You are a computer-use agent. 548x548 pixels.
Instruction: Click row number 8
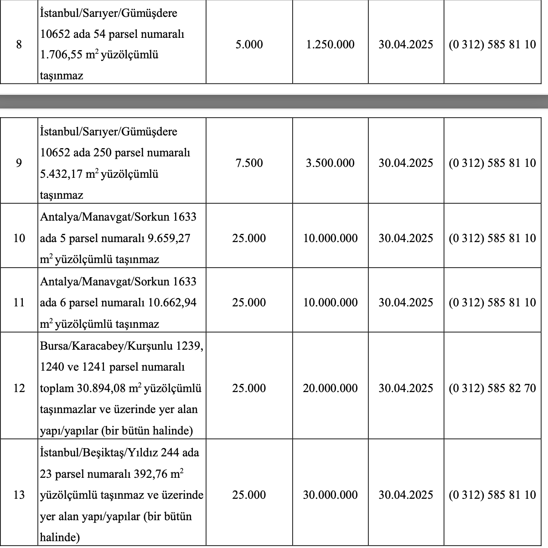[x=19, y=45]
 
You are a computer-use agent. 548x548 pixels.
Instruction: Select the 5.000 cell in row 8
[x=249, y=45]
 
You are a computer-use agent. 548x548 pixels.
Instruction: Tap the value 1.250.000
[x=330, y=45]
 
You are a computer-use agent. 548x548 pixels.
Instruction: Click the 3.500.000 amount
[x=330, y=163]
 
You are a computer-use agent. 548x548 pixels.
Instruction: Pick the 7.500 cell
[x=249, y=163]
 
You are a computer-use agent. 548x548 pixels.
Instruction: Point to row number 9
[x=19, y=163]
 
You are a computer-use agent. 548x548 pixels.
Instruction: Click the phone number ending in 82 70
[x=492, y=388]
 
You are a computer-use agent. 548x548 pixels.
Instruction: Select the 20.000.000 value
[x=330, y=388]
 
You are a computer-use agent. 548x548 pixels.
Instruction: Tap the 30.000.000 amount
[x=330, y=495]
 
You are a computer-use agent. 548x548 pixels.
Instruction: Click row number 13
[x=19, y=495]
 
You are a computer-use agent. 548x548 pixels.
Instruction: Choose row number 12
[x=19, y=388]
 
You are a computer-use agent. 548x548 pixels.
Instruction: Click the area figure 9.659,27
[x=169, y=238]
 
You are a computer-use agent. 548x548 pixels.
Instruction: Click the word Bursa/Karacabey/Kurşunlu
[x=105, y=346]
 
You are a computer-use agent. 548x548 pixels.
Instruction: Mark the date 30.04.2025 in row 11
[x=405, y=303]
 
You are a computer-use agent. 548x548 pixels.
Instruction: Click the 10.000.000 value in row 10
[x=330, y=238]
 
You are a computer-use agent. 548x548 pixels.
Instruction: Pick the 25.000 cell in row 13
[x=249, y=495]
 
